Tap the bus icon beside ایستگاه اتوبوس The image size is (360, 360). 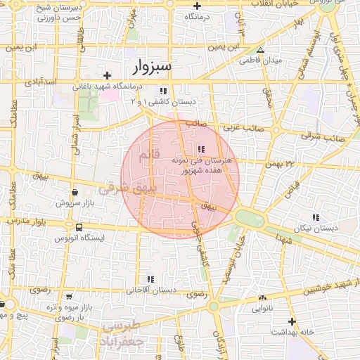coord(78,228)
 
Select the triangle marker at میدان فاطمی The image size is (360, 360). coord(261,51)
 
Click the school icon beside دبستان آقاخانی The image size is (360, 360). coord(150,280)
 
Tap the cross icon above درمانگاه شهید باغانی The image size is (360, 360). coord(107,75)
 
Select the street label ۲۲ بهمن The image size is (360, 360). coord(279,165)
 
